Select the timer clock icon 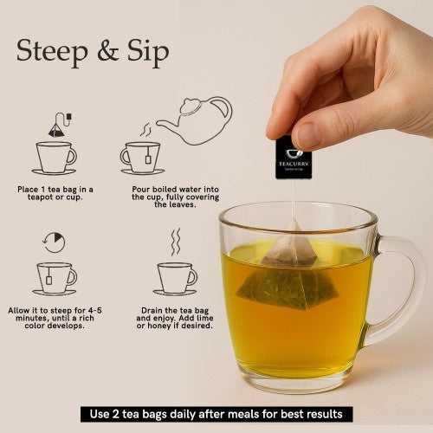coord(54,242)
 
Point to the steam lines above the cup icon coord(175,242)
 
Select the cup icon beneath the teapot coord(141,158)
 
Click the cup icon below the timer coord(55,278)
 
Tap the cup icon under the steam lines coord(175,278)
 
